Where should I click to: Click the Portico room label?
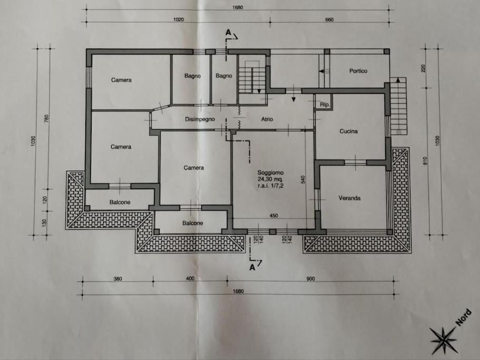(x=358, y=71)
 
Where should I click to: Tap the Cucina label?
(x=348, y=131)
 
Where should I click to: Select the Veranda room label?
(x=349, y=198)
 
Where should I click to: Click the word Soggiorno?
(x=270, y=173)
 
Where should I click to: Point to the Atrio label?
(x=267, y=119)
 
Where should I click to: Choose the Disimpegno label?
(x=200, y=119)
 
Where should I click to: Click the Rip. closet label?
(x=325, y=104)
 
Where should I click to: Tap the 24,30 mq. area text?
(x=270, y=179)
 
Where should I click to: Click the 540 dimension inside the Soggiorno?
(x=303, y=179)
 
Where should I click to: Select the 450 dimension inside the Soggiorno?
(x=273, y=216)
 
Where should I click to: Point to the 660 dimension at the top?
(x=329, y=20)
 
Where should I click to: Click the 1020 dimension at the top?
(x=179, y=20)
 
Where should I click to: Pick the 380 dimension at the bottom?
(x=117, y=279)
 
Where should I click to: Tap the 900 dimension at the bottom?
(x=310, y=279)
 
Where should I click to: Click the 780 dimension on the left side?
(x=46, y=119)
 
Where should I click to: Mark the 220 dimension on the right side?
(x=424, y=68)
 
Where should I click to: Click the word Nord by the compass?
(x=464, y=317)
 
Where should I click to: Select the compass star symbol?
(x=444, y=339)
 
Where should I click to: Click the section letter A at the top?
(x=228, y=33)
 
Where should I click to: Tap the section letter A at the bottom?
(x=252, y=268)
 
